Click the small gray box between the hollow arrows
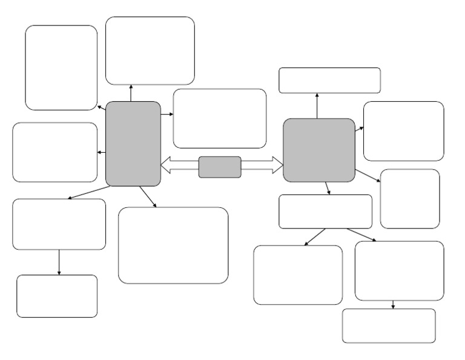220,167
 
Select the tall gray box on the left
133,144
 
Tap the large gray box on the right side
319,150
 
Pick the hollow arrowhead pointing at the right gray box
277,164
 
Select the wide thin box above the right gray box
329,80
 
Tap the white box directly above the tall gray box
150,50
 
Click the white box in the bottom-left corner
57,296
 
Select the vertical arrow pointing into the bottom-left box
59,262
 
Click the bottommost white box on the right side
389,325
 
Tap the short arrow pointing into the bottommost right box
393,304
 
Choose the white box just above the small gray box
220,118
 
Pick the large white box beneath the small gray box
173,245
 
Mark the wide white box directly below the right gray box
325,211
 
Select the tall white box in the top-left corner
61,67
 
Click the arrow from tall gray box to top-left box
101,107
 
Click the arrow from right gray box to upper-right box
359,130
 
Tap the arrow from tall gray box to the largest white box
148,197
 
